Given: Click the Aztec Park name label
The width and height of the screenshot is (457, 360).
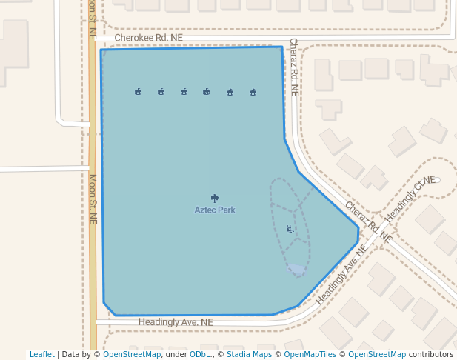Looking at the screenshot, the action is [x=215, y=210].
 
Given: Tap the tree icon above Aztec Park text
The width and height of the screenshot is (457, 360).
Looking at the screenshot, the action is [x=215, y=199].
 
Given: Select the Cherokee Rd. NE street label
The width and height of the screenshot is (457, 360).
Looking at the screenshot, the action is [x=149, y=37].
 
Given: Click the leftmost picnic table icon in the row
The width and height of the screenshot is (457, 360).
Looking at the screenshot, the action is [x=139, y=92].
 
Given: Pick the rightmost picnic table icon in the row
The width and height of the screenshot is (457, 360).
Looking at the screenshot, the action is [x=253, y=92].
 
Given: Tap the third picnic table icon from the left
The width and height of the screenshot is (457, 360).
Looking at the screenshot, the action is [x=184, y=92].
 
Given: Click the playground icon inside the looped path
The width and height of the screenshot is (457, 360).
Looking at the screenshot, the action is [x=290, y=230].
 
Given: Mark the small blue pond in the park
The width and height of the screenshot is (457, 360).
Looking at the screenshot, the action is [x=296, y=270].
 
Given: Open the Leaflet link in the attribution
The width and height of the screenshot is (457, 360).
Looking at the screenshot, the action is [x=42, y=354].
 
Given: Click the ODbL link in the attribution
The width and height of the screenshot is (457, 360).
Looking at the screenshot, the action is [x=200, y=354].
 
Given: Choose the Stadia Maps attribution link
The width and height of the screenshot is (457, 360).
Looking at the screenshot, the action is [x=249, y=354].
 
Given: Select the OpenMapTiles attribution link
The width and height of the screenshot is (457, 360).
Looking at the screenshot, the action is [x=310, y=354].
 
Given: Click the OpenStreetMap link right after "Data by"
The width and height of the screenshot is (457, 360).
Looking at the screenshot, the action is [x=132, y=354].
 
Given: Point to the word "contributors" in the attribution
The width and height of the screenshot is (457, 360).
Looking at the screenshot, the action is [x=431, y=354].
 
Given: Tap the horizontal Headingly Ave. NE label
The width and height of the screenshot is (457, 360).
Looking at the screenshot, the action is [x=176, y=322].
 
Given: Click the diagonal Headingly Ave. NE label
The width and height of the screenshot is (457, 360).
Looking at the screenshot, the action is [x=341, y=276].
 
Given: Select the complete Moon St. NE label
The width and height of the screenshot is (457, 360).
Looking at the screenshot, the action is [x=93, y=199].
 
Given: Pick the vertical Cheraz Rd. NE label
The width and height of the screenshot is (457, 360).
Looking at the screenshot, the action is [x=293, y=67].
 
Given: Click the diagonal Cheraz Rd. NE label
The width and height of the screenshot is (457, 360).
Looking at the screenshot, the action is [x=367, y=222].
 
